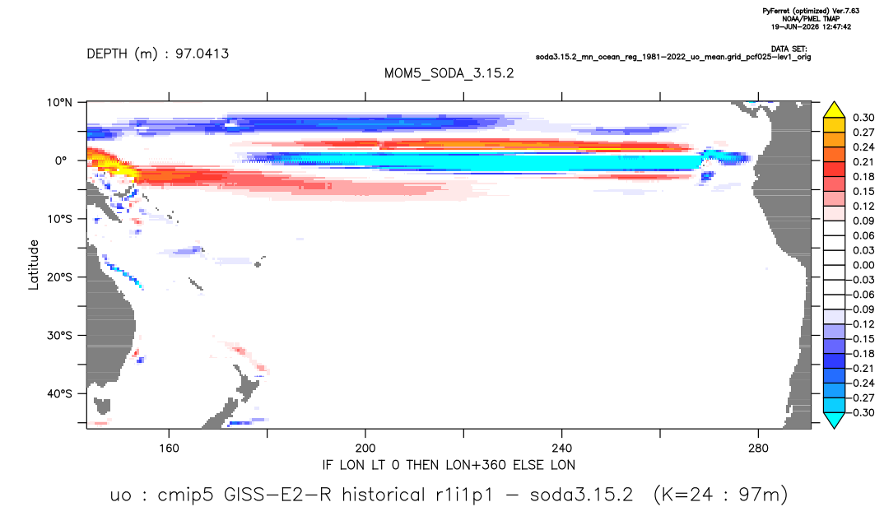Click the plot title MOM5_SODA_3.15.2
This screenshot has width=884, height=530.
click(x=449, y=73)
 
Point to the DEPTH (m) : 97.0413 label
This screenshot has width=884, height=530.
click(x=158, y=53)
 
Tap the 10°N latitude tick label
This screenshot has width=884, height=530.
click(x=59, y=102)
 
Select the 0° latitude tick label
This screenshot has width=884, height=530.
click(x=61, y=160)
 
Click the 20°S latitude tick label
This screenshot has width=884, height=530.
click(x=59, y=277)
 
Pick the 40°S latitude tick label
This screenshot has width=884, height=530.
click(x=59, y=393)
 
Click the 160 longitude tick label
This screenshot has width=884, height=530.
click(x=169, y=449)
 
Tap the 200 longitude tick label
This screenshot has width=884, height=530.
click(x=365, y=449)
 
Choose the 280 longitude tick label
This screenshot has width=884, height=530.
click(x=758, y=449)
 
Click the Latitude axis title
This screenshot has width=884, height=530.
click(x=34, y=265)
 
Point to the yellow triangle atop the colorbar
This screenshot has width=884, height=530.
click(x=834, y=110)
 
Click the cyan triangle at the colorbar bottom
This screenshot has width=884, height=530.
click(x=834, y=420)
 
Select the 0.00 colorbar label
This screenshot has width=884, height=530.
click(x=863, y=265)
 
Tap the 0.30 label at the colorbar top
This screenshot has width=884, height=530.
click(x=863, y=118)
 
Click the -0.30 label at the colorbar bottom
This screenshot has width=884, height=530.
click(x=861, y=412)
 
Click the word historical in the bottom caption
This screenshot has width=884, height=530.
click(x=384, y=495)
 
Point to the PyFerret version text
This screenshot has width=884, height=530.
click(x=811, y=11)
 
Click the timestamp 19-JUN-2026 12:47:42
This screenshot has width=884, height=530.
click(x=811, y=26)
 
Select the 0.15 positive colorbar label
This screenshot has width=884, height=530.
click(x=863, y=191)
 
